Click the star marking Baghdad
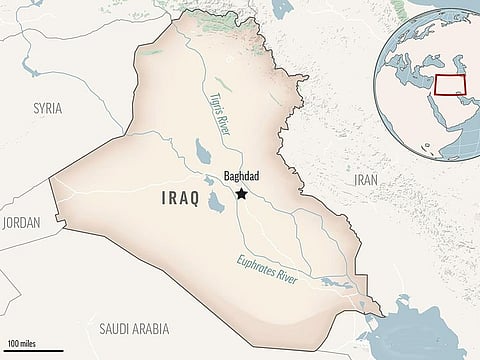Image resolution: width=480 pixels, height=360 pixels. [x=241, y=194]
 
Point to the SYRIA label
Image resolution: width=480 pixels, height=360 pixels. [x=47, y=107]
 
